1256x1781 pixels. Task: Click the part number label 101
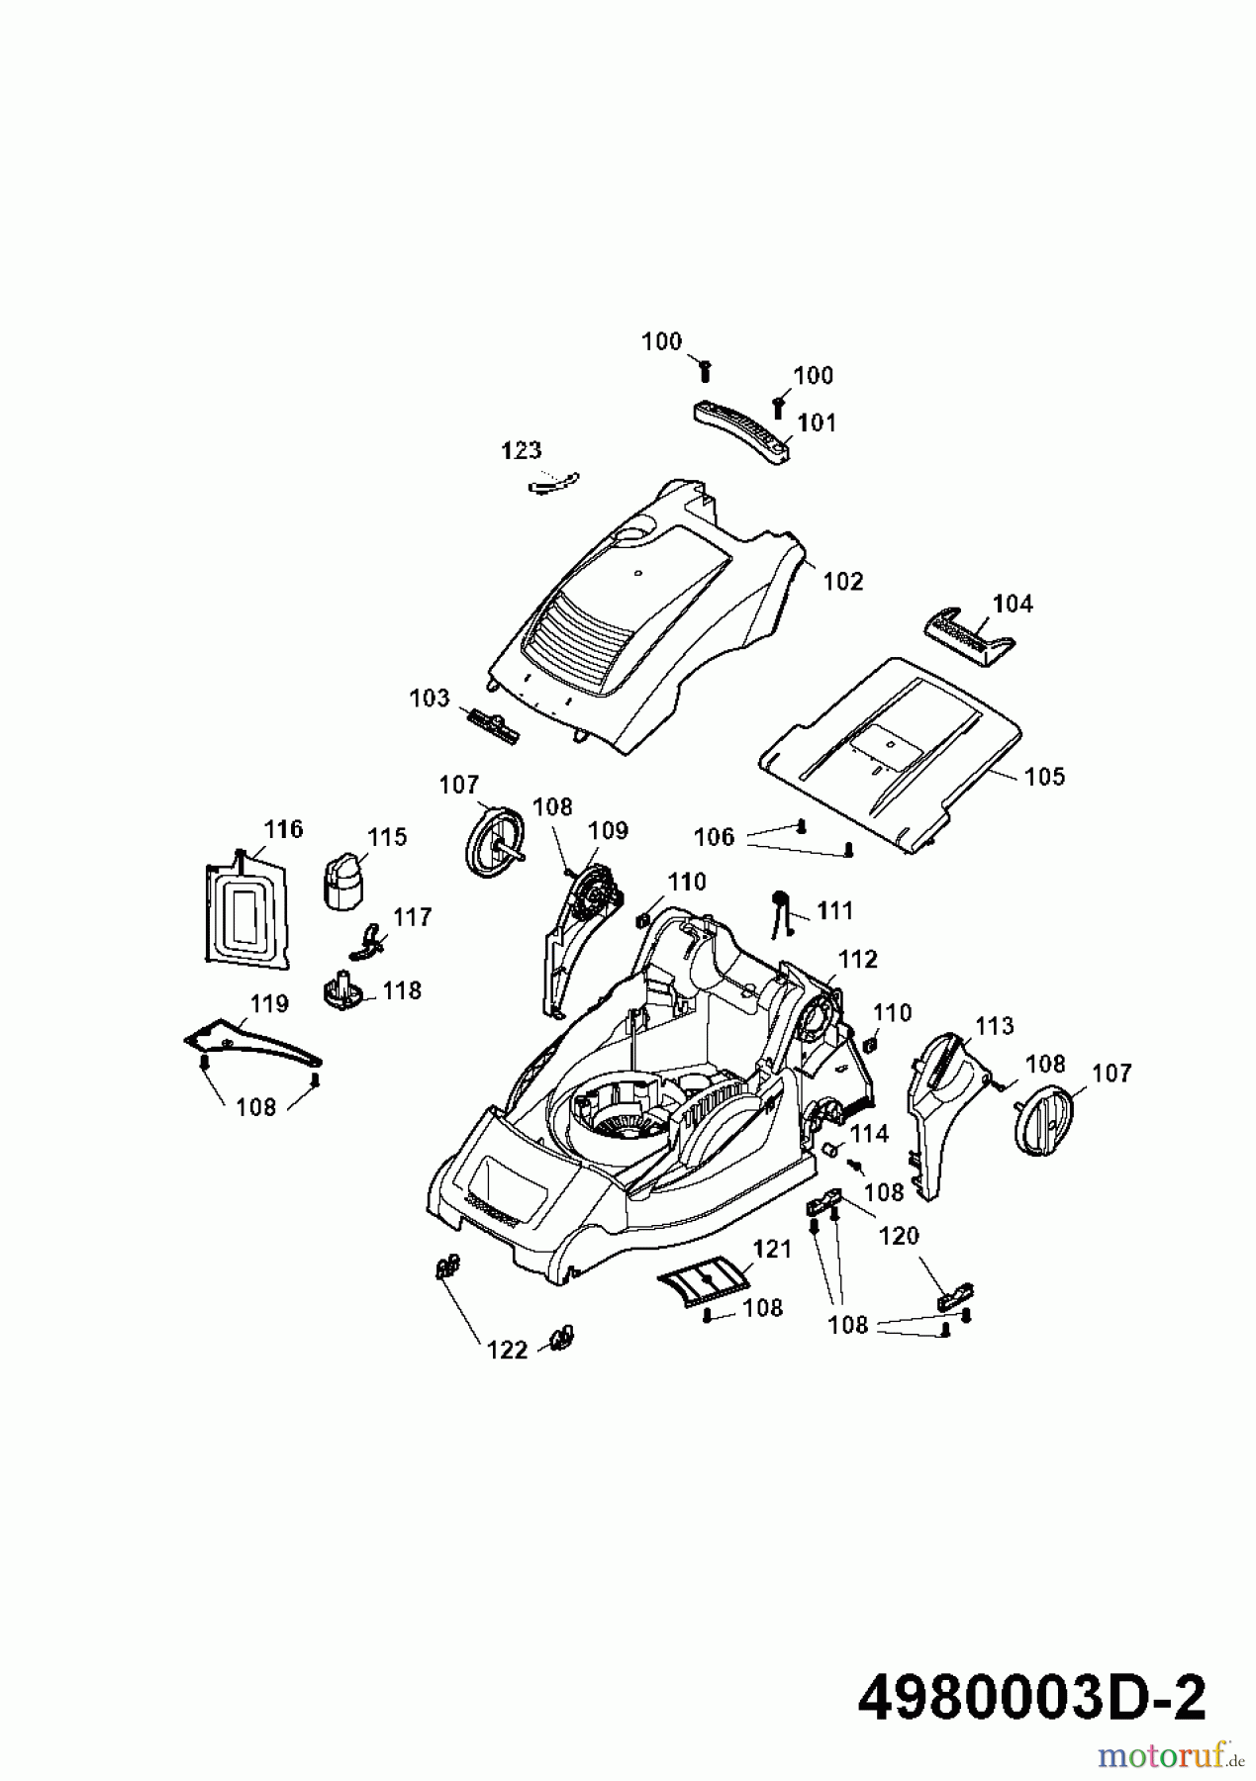(817, 422)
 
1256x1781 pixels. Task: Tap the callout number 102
(843, 581)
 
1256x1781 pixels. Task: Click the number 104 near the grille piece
(1013, 603)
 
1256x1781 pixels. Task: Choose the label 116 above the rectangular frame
(284, 828)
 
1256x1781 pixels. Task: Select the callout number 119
(268, 1003)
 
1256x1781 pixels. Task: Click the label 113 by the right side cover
(994, 1026)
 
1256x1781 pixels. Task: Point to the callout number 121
(772, 1249)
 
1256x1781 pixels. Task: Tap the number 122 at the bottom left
(507, 1350)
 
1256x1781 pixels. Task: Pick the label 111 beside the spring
(835, 909)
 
